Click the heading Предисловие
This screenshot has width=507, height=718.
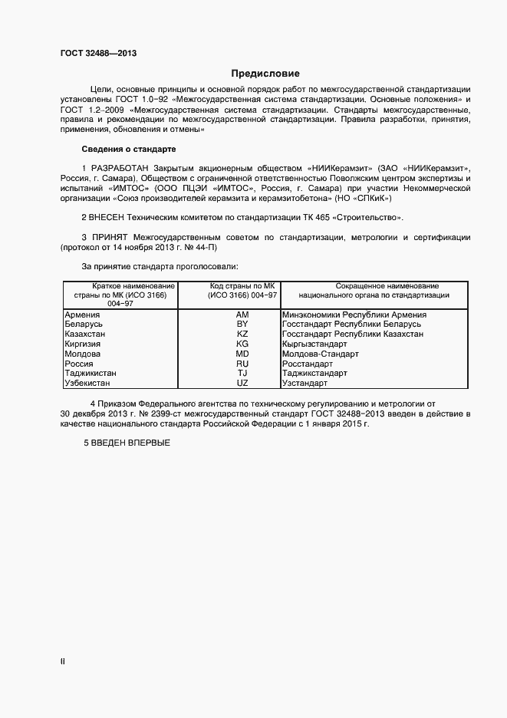pos(253,74)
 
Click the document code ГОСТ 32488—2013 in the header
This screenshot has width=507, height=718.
pos(99,53)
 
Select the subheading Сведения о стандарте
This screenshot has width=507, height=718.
pos(129,148)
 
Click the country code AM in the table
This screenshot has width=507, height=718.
pos(242,315)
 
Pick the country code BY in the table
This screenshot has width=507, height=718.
pos(242,325)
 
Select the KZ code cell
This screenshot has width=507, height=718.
pos(242,335)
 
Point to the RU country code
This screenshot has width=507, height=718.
pos(242,364)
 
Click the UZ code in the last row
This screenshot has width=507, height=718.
pos(242,383)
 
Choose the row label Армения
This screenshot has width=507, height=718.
pos(83,315)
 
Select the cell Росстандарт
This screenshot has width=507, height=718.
pos(308,364)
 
